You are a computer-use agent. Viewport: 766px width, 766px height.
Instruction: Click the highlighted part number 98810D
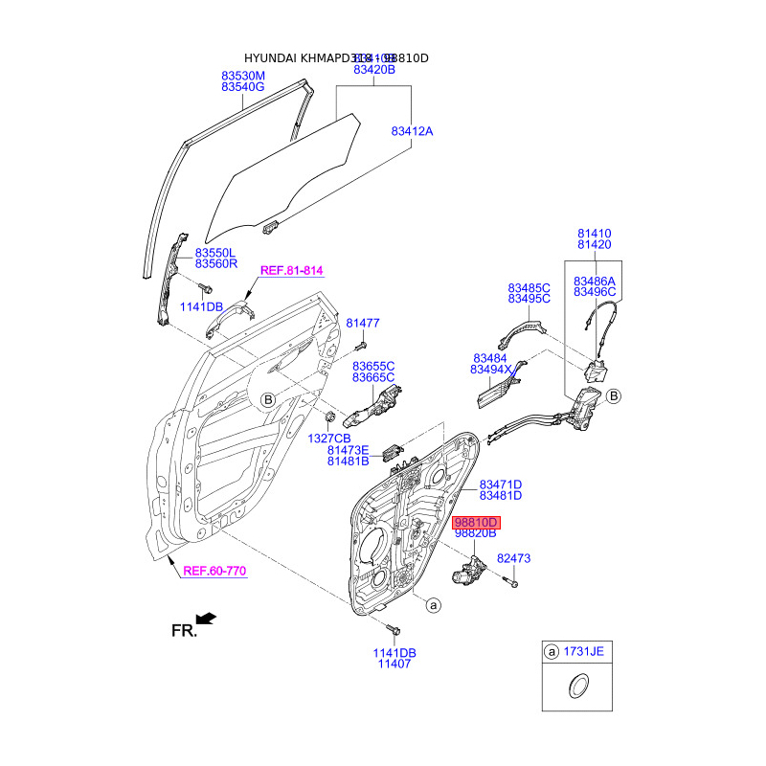[477, 523]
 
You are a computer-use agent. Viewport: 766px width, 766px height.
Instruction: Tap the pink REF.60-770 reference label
[214, 572]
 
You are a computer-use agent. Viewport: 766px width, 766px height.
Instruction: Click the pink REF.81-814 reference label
[291, 271]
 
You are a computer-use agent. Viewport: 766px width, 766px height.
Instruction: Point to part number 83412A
[412, 131]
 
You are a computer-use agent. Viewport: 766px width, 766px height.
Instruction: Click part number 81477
[363, 324]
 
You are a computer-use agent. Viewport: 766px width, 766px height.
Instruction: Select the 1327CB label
[330, 437]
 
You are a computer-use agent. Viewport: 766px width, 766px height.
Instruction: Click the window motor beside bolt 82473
[468, 574]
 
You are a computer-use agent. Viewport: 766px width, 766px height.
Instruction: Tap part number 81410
[594, 234]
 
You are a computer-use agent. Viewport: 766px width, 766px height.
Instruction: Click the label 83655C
[373, 366]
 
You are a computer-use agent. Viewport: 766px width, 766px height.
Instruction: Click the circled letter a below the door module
[433, 605]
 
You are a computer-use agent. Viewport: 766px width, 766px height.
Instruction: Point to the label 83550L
[216, 251]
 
